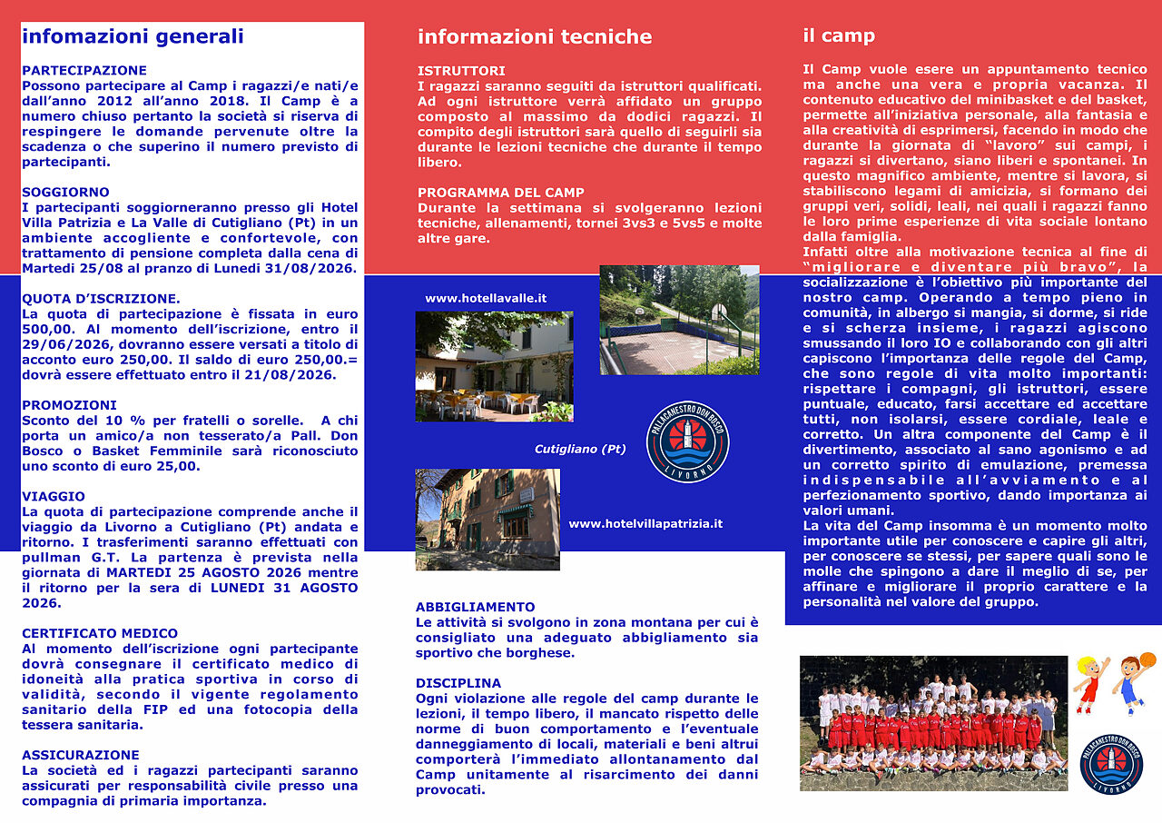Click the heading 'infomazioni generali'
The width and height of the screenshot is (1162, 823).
(x=133, y=36)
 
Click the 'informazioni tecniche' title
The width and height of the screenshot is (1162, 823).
(x=534, y=36)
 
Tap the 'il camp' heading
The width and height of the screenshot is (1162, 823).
(x=838, y=35)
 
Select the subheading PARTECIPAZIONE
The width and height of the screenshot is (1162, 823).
(x=84, y=70)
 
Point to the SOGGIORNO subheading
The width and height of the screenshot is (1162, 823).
(x=65, y=192)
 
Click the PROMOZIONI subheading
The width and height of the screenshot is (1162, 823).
(x=68, y=405)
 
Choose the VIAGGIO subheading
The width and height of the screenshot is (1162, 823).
(x=53, y=496)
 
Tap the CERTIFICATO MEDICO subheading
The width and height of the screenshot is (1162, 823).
(x=100, y=633)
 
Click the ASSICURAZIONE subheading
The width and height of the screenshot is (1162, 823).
(x=80, y=755)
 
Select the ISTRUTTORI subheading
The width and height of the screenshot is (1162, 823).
(x=461, y=70)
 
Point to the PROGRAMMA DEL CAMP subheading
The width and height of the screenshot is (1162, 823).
(x=501, y=193)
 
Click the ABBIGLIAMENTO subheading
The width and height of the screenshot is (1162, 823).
(x=475, y=607)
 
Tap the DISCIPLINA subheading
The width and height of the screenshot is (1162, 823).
(x=458, y=683)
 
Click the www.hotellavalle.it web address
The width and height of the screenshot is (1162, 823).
(x=486, y=298)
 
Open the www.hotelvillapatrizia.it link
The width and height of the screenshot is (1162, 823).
(x=645, y=523)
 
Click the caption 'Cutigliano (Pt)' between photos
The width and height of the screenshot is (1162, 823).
(x=579, y=449)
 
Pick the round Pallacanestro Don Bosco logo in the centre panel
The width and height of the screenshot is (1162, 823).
(x=687, y=442)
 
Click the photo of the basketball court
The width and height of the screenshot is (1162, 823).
(x=679, y=320)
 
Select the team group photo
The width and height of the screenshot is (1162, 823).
(x=933, y=723)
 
